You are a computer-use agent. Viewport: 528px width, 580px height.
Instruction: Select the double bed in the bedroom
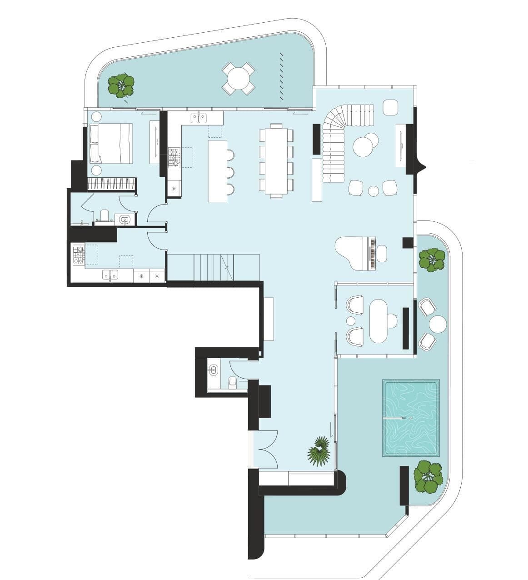(112, 143)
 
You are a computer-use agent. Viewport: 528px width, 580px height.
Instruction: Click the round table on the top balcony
(238, 78)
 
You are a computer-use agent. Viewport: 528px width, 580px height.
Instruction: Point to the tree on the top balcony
(121, 85)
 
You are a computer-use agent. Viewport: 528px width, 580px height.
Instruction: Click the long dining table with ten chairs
(276, 161)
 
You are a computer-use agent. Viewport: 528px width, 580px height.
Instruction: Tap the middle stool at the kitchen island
(230, 172)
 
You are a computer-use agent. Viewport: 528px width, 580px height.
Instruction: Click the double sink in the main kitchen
(199, 118)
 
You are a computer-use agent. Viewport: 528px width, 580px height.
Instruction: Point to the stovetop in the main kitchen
(174, 157)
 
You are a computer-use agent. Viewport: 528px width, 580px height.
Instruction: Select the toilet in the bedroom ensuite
(105, 216)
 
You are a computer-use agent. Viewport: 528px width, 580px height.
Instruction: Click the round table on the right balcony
(438, 325)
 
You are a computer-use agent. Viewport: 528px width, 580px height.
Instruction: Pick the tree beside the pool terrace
(428, 477)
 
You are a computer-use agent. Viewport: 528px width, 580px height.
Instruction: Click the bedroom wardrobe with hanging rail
(112, 184)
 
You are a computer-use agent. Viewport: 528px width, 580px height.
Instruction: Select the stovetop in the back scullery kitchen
(78, 255)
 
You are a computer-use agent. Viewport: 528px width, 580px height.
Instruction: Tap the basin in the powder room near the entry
(213, 369)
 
